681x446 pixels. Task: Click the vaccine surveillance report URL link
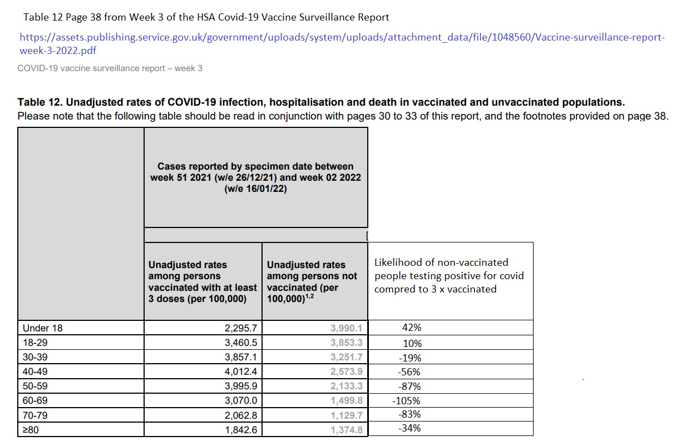[x=342, y=38]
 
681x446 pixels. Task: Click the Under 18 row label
[x=43, y=328]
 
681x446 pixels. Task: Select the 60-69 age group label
[x=35, y=400]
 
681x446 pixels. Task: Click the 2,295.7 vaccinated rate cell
[x=241, y=328]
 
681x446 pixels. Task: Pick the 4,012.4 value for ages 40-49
[x=241, y=371]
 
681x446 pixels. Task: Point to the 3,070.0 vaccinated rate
[x=241, y=400]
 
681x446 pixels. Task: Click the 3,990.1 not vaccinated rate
[x=346, y=328]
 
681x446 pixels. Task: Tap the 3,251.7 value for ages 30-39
[x=346, y=357]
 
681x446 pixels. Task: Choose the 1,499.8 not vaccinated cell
[x=346, y=400]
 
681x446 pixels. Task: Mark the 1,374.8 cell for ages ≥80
[x=346, y=429]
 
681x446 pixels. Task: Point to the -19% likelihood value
[x=410, y=358]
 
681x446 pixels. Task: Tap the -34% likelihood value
[x=410, y=428]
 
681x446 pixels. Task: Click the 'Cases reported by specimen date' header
[x=255, y=177]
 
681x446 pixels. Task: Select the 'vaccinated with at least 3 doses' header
[x=202, y=281]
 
